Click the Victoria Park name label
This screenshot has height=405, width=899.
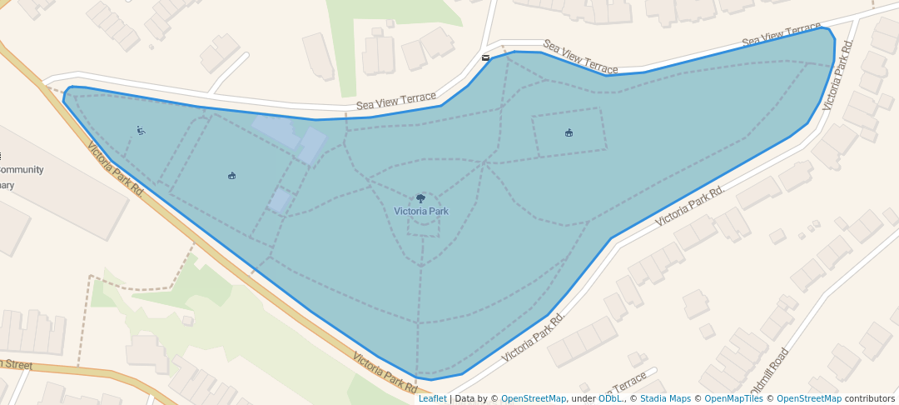(421, 212)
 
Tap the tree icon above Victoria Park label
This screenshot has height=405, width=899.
(420, 198)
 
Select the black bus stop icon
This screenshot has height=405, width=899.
(485, 57)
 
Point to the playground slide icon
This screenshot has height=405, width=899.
(141, 130)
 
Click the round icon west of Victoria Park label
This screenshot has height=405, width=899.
(231, 175)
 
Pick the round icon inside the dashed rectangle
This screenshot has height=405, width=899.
(569, 132)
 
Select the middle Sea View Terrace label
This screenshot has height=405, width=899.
(580, 57)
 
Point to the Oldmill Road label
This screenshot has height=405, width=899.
(768, 372)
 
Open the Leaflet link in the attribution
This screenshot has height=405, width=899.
(432, 398)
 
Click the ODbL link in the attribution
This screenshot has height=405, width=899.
(610, 398)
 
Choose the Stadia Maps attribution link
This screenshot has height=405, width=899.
(665, 398)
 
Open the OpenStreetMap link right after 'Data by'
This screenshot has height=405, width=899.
(534, 398)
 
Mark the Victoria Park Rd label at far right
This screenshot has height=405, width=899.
(838, 75)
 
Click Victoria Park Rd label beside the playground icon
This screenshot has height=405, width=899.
(116, 168)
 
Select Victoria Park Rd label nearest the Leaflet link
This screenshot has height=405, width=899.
(385, 372)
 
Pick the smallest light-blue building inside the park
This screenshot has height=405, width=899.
(280, 199)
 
